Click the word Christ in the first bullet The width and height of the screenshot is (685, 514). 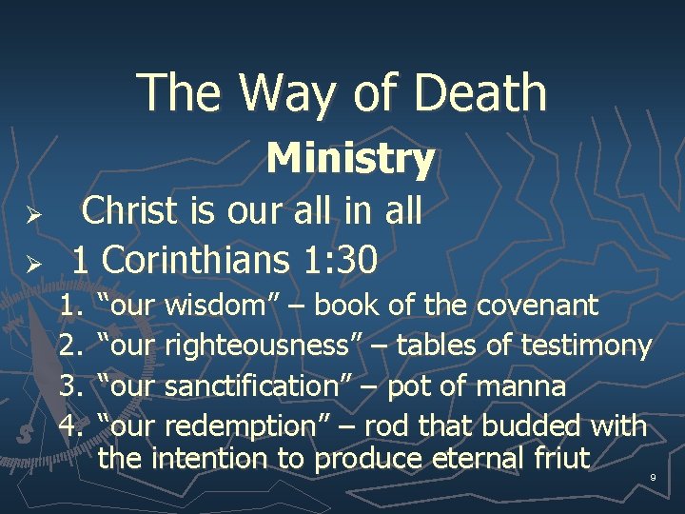tap(133, 211)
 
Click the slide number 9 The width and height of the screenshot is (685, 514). tap(653, 476)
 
